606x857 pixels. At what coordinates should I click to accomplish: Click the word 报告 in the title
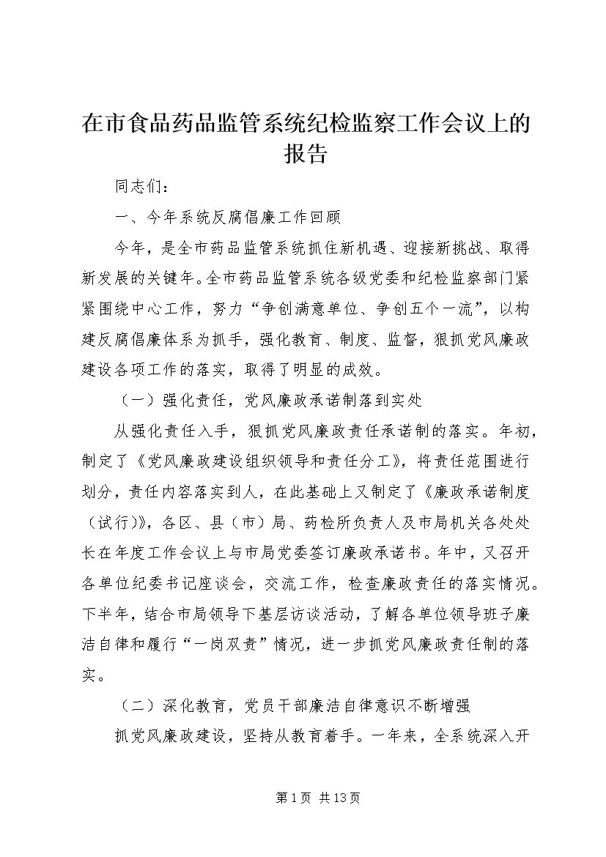pyautogui.click(x=303, y=154)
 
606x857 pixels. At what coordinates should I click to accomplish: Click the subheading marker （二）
pyautogui.click(x=136, y=707)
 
